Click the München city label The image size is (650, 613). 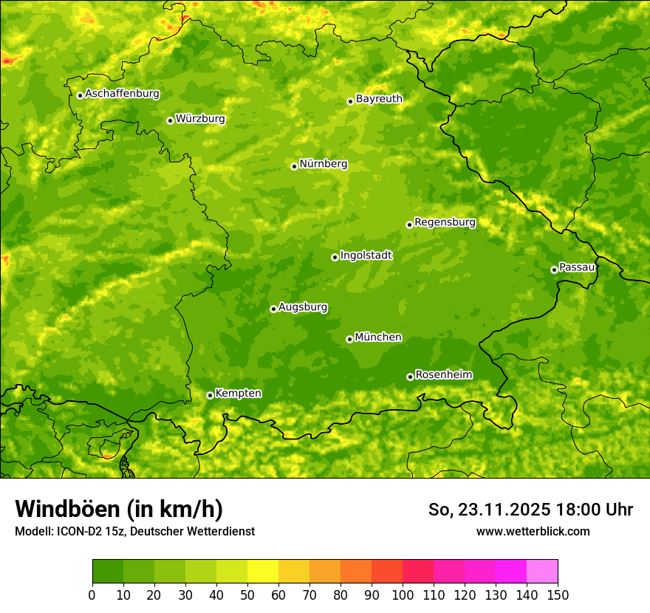(378, 338)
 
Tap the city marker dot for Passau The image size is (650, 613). (554, 270)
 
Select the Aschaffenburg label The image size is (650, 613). (122, 94)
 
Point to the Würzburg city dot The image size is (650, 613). (170, 120)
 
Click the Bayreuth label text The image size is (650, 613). (379, 99)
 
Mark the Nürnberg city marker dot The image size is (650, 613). (294, 166)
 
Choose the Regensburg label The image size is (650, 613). (445, 222)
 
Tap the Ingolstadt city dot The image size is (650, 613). (335, 257)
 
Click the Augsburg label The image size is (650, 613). (303, 307)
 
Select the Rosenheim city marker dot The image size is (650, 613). (410, 377)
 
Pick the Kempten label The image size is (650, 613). (238, 394)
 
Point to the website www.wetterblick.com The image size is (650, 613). (533, 531)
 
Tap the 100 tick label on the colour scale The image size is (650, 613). (403, 595)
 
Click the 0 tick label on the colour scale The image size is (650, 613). (92, 595)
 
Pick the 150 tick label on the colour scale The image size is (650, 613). (558, 595)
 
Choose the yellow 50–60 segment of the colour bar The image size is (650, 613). (263, 572)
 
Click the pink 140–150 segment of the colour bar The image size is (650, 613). (542, 572)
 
